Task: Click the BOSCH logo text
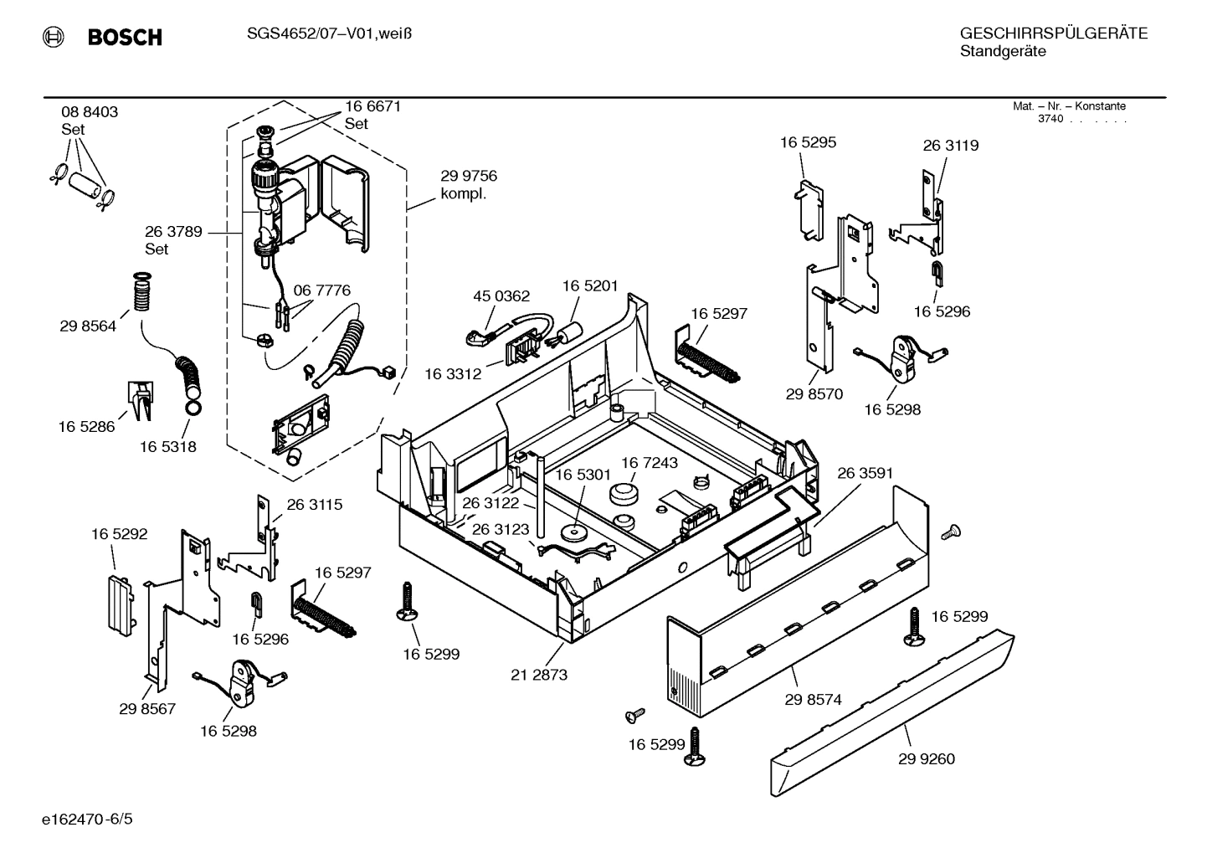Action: coord(124,37)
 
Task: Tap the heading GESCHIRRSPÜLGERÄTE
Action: coord(1053,33)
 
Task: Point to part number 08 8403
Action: coord(90,112)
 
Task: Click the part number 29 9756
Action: coord(469,176)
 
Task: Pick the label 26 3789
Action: coord(173,232)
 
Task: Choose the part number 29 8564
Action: coord(88,326)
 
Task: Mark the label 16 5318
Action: coord(167,447)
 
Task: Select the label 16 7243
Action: coord(649,463)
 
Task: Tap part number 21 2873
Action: coord(538,675)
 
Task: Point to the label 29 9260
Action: coord(926,759)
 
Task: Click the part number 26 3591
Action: coord(865,473)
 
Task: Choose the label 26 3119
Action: coord(950,146)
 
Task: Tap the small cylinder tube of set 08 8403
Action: coord(81,183)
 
